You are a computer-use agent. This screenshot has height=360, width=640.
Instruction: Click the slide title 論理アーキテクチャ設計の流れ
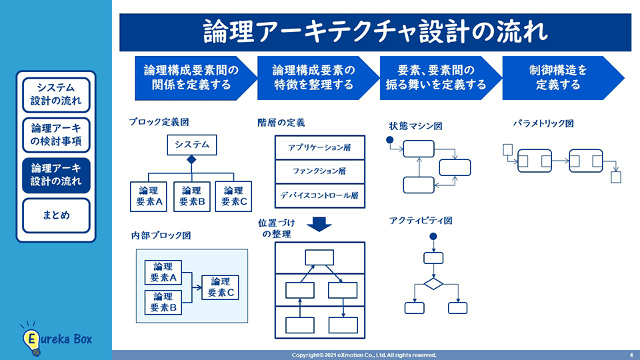pos(375,32)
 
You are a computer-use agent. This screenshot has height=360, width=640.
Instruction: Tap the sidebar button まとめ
pos(56,215)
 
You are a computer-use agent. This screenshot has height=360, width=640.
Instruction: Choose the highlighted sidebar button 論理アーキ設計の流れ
pos(56,175)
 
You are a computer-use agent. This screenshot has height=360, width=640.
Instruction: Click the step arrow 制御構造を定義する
pos(559,78)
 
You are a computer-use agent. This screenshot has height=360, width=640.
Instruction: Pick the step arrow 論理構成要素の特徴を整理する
pos(314,78)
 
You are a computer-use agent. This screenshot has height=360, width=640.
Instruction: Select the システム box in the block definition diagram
pos(192,144)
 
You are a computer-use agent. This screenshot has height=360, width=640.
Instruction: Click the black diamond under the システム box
pos(192,160)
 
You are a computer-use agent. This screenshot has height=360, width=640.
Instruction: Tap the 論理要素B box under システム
pos(192,196)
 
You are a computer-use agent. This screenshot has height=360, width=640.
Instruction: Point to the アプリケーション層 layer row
pos(320,148)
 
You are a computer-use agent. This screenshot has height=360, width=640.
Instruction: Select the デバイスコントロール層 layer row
pos(320,195)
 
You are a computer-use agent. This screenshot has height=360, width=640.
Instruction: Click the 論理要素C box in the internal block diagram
pos(221,287)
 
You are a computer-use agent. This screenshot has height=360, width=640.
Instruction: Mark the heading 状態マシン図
pos(416,126)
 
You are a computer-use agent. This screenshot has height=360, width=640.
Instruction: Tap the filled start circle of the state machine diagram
pos(389,141)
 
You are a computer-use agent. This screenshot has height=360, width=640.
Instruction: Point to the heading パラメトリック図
pos(543,123)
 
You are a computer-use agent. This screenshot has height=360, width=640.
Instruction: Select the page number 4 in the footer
pos(631,355)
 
